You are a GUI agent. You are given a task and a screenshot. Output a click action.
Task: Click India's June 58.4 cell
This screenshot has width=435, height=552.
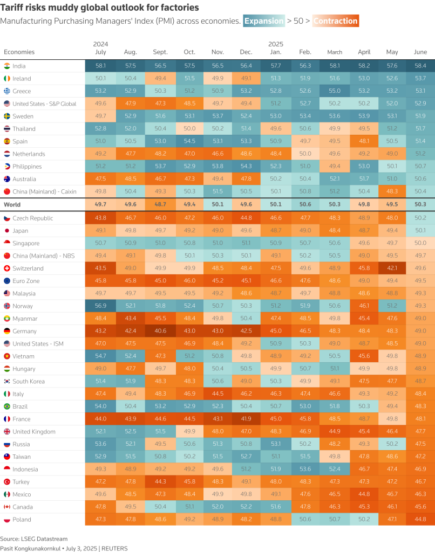420,66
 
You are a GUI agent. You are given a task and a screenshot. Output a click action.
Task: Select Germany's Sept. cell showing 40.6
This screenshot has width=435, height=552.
160,331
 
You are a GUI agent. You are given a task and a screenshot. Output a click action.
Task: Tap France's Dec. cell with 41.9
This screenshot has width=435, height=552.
246,419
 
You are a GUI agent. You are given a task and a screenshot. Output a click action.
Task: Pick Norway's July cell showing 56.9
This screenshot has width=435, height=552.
100,306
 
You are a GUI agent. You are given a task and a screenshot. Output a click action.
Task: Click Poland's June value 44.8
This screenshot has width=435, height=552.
420,520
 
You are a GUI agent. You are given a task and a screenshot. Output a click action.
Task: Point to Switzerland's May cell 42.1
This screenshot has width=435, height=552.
392,268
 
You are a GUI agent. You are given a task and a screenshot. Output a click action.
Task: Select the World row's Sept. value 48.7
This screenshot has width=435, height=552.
160,205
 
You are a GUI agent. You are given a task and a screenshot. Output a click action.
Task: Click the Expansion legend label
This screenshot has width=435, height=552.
263,21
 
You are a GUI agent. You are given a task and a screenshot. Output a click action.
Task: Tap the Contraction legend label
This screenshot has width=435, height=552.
335,21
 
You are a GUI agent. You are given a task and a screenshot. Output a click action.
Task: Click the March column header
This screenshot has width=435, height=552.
335,52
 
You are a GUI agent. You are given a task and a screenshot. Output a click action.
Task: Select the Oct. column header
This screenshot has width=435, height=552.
189,52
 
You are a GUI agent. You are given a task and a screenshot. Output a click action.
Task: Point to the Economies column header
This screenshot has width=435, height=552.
19,52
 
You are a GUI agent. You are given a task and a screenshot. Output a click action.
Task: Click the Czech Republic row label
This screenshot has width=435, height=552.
33,218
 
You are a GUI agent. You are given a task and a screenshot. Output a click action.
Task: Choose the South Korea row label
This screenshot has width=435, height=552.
29,381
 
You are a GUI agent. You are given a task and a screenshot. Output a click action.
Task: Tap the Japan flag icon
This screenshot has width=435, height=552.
7,231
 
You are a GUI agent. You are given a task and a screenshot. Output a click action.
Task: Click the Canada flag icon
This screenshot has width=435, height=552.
7,507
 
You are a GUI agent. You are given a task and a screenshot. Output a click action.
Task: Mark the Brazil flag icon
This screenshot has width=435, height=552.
7,406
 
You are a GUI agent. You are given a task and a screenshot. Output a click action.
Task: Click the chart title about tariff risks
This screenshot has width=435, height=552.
100,8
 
